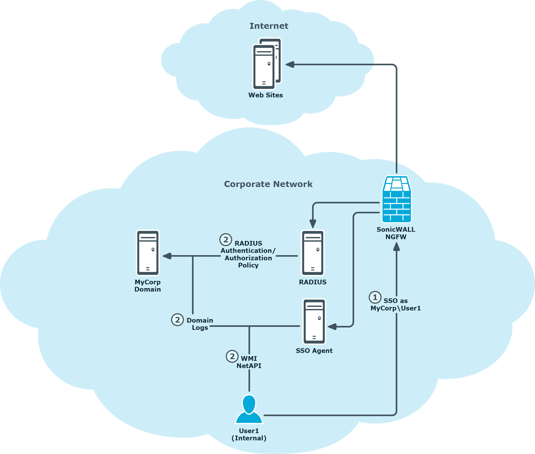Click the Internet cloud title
[x=269, y=26]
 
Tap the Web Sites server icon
[x=267, y=64]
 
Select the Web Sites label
[x=265, y=95]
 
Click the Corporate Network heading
[x=268, y=184]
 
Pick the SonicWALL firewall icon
[x=396, y=199]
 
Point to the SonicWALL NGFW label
[x=396, y=233]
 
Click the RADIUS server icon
[x=313, y=253]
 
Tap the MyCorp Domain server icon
[x=148, y=253]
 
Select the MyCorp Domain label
[x=148, y=286]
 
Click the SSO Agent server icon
[x=314, y=321]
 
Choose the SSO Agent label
[x=314, y=350]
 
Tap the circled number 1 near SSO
[x=375, y=297]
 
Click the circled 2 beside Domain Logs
[x=177, y=320]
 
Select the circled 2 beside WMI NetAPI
[x=232, y=356]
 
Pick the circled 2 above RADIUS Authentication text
[x=226, y=239]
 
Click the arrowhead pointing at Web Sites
[x=290, y=64]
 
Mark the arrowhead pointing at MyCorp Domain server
[x=167, y=256]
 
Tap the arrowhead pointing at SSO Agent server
[x=332, y=327]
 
